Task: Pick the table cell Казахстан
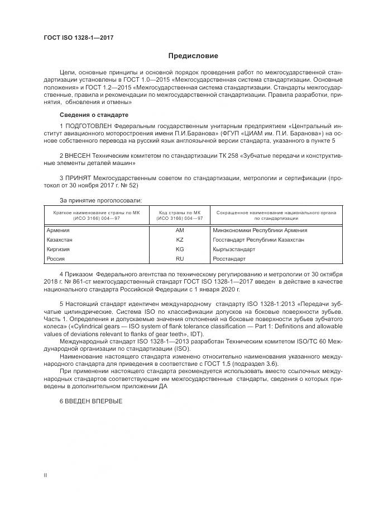coord(60,240)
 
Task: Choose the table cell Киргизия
coord(59,249)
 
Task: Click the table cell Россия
coord(56,259)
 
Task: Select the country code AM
coord(179,230)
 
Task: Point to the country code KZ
coord(179,240)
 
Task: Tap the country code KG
coord(179,249)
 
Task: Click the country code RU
coord(179,259)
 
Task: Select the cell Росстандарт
coord(229,259)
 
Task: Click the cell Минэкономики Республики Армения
coord(260,230)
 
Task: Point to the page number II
coord(45,474)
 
